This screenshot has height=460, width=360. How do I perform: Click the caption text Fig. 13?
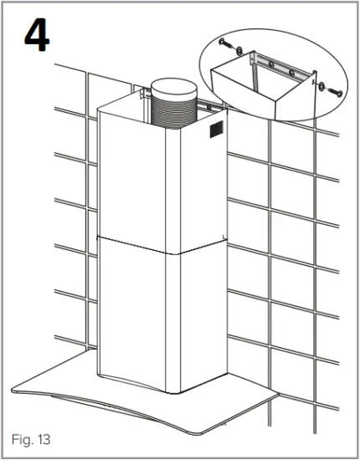pos(31,438)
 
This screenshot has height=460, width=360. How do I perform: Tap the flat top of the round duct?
pos(172,85)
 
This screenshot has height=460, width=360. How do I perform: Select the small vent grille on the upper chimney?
pos(216,130)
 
